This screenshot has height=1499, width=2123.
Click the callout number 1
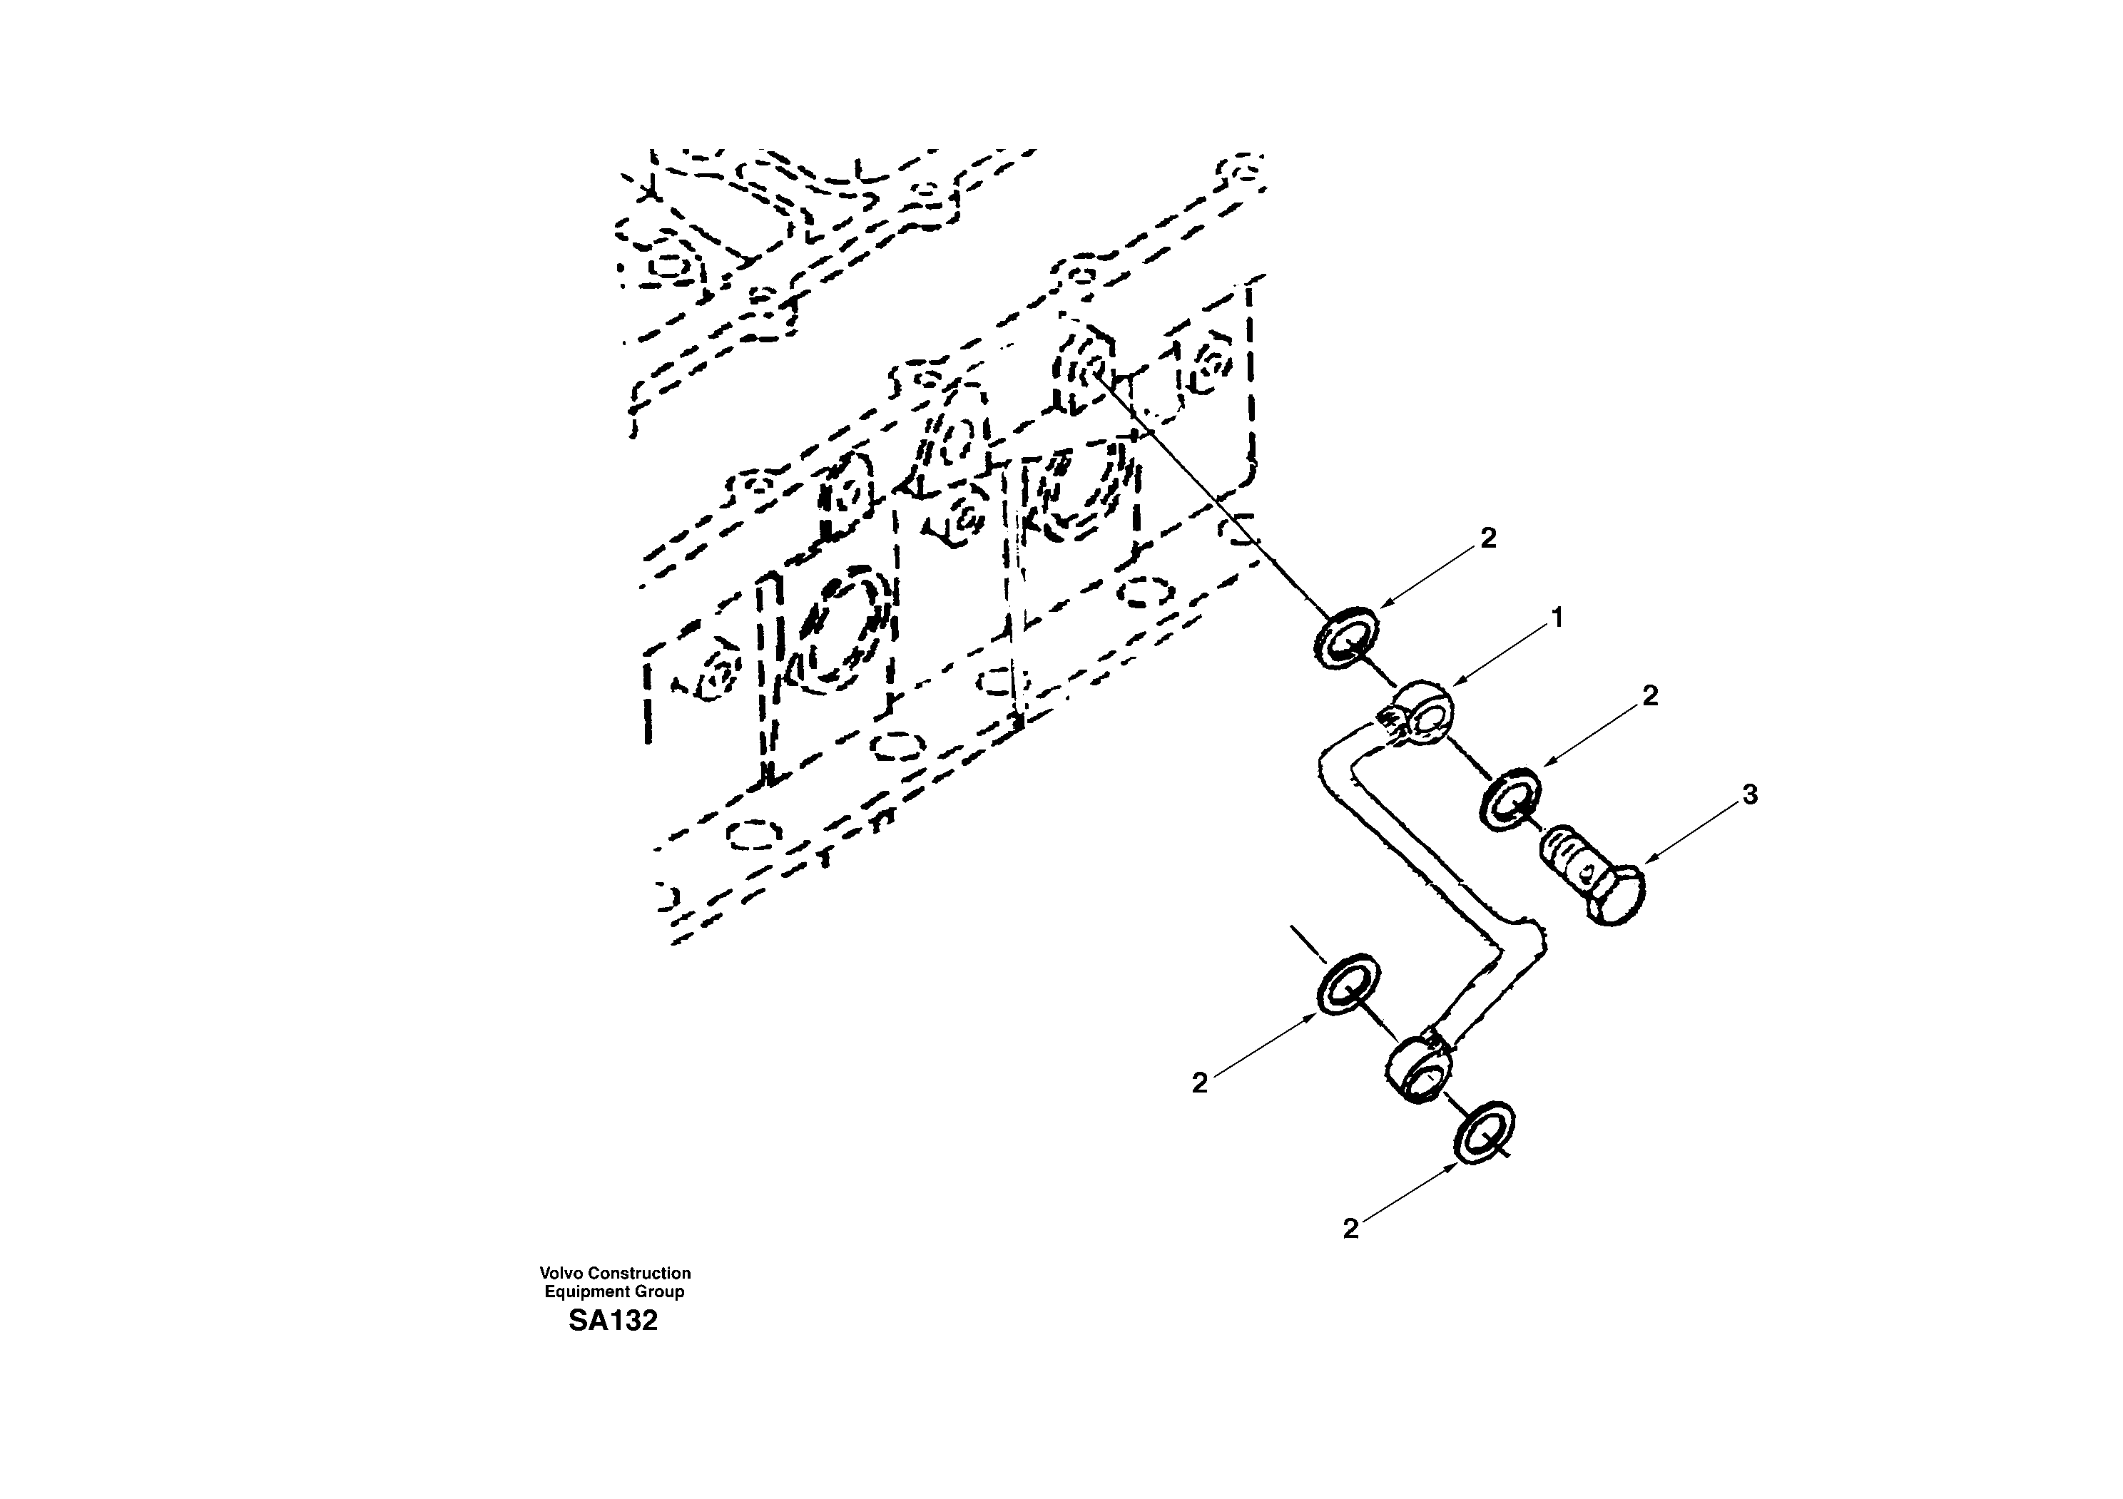1557,618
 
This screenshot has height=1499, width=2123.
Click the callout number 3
1749,794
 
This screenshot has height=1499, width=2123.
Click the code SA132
613,1321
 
